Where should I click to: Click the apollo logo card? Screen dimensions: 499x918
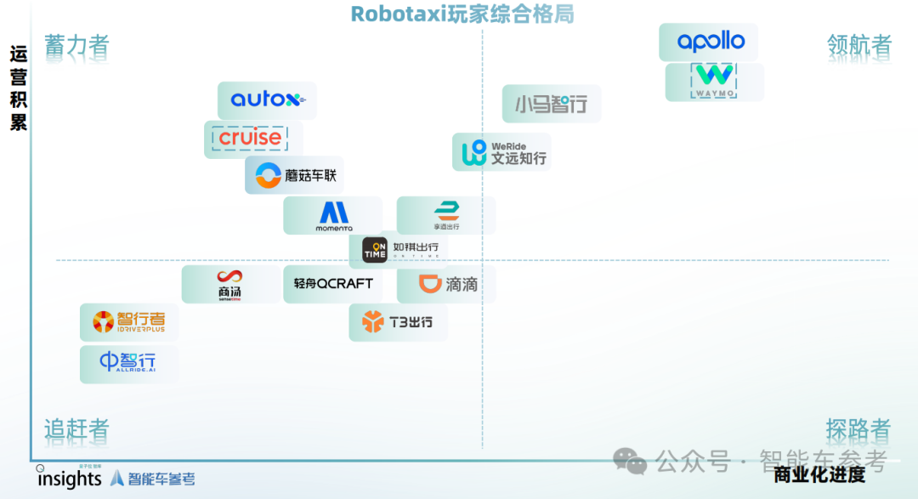[708, 42]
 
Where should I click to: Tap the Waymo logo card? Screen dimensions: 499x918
[714, 82]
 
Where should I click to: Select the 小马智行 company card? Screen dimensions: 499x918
[551, 105]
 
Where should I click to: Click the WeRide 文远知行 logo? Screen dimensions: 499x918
[501, 152]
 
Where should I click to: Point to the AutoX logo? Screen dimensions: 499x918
[267, 100]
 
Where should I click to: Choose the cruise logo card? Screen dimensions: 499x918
[252, 139]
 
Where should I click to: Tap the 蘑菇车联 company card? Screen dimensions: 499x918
[294, 175]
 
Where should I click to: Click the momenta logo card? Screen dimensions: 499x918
[333, 216]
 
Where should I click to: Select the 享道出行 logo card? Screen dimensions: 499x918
[445, 215]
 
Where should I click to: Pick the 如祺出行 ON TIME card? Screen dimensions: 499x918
[399, 250]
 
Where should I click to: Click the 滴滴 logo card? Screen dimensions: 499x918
[446, 284]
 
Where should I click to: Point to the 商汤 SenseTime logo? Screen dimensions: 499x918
[230, 284]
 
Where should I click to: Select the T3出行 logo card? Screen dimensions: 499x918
[398, 322]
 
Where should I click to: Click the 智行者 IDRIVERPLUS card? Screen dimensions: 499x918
[129, 322]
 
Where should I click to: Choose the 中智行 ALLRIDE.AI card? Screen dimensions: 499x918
[129, 363]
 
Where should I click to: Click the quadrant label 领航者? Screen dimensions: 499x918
[859, 45]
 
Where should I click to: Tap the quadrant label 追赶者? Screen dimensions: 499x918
[77, 429]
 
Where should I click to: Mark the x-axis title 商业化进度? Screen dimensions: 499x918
[819, 475]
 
